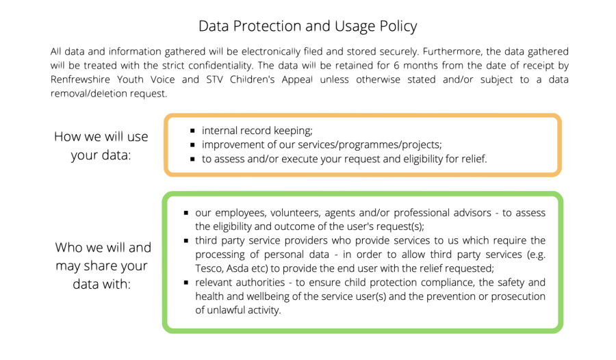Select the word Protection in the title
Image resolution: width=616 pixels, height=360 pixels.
265,27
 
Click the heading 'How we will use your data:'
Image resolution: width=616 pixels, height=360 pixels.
101,146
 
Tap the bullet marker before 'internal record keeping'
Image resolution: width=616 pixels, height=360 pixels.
194,130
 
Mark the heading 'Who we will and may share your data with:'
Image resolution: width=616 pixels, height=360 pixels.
103,265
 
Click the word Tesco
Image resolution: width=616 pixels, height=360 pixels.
209,268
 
